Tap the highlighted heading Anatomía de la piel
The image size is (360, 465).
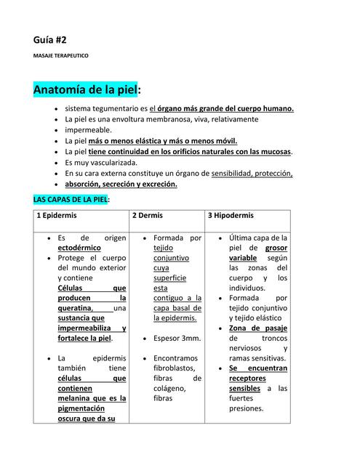(x=85, y=90)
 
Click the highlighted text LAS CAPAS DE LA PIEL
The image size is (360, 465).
(x=71, y=199)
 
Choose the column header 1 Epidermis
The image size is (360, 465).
(x=57, y=216)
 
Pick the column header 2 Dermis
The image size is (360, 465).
(x=148, y=216)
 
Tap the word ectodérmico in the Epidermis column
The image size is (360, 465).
(x=80, y=248)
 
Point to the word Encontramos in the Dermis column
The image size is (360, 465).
(x=174, y=358)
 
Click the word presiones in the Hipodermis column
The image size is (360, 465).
(x=246, y=408)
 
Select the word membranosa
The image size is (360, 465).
(x=163, y=119)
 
